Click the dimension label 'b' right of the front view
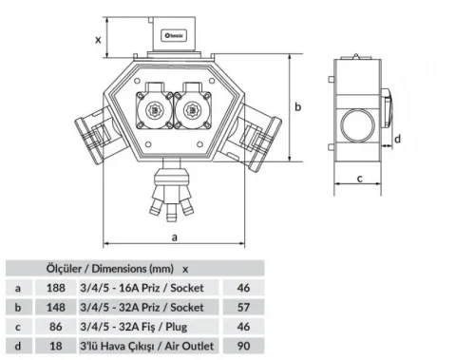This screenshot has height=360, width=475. coord(297,107)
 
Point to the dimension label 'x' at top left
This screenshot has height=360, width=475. coord(99,39)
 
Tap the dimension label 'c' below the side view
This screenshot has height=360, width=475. coord(362,178)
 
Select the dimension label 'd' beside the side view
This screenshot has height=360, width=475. coord(398,139)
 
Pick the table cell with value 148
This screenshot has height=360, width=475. coord(55,306)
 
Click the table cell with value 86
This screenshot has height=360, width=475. coord(55,326)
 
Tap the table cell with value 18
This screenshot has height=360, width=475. coord(55,346)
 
